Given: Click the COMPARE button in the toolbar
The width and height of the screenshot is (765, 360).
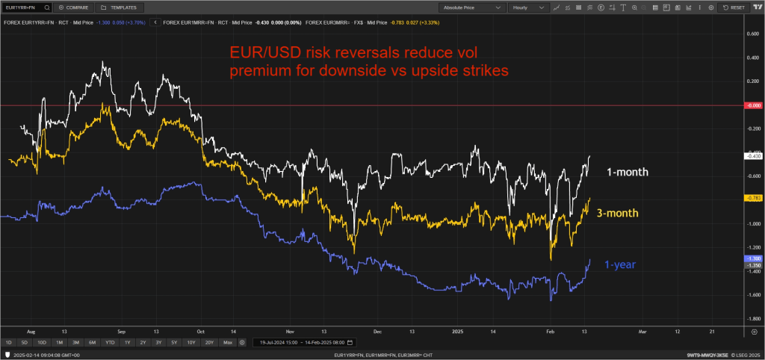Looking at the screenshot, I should point(73,7).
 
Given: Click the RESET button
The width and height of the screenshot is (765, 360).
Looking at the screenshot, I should point(734,7).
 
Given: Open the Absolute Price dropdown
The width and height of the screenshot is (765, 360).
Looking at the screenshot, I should point(471,7).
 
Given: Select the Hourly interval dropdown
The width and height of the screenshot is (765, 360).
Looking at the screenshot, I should point(529,7).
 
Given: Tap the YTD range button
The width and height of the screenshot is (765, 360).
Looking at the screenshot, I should point(110,342).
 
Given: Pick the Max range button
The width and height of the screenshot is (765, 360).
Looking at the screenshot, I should point(228,342).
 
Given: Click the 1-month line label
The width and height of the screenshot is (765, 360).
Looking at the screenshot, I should point(626,172).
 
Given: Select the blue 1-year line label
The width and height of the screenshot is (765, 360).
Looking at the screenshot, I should point(620,264).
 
